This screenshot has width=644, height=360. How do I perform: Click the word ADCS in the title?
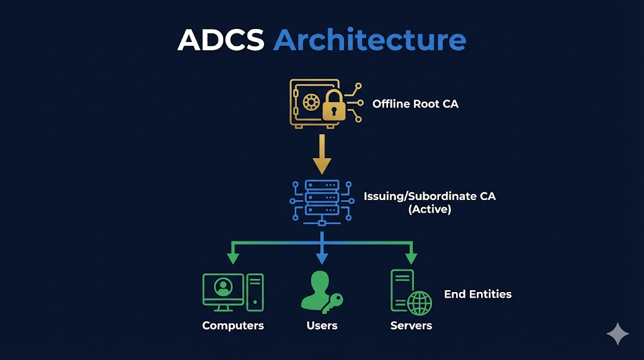(x=221, y=40)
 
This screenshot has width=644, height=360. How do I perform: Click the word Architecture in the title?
(x=370, y=40)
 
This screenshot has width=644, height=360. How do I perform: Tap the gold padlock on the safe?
(x=334, y=106)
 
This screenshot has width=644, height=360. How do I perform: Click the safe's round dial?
(x=310, y=103)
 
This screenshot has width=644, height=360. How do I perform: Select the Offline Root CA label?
(x=415, y=104)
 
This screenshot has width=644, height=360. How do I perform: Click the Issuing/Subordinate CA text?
(x=430, y=196)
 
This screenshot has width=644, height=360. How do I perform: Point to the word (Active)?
(x=430, y=210)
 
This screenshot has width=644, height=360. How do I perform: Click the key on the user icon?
(x=331, y=303)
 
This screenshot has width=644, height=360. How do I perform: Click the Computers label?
(x=233, y=326)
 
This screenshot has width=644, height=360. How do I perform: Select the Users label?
(x=322, y=326)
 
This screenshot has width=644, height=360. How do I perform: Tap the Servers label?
(x=411, y=326)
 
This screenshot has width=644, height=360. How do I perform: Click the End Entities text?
(x=477, y=294)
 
